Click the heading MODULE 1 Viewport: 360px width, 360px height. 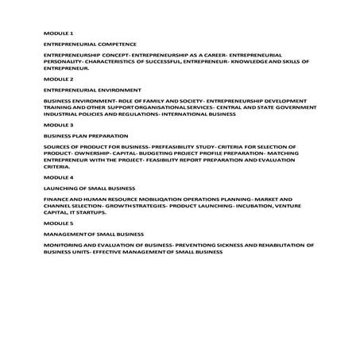coord(58,33)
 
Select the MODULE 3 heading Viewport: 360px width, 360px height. coord(58,126)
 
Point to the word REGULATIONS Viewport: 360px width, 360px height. coord(137,114)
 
